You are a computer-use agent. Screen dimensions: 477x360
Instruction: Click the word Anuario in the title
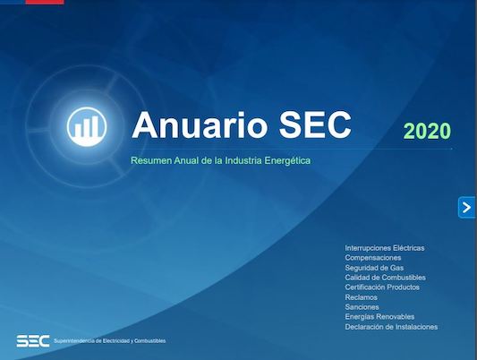coord(200,124)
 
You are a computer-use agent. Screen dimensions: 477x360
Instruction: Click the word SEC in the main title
coord(315,124)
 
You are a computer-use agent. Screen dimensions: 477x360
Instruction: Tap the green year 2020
coord(427,131)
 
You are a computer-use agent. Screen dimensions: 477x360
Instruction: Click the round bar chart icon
coord(87,126)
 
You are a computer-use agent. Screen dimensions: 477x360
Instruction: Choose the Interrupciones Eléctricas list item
coord(385,248)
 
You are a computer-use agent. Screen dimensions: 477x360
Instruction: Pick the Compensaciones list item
coord(373,258)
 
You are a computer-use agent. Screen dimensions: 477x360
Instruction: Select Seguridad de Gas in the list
coord(374,268)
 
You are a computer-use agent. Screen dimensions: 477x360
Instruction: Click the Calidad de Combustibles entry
coord(385,278)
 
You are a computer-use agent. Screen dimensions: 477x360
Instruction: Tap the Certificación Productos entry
coord(382,287)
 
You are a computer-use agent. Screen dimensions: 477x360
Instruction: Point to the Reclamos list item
coord(361,297)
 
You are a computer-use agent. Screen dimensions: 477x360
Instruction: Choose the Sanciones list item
coord(362,307)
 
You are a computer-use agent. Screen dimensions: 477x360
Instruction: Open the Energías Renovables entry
coord(379,317)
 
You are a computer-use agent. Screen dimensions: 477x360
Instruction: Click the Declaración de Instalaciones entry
coord(391,327)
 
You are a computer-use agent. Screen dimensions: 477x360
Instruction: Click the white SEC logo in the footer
coord(33,341)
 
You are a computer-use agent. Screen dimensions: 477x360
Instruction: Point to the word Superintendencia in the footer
coord(74,341)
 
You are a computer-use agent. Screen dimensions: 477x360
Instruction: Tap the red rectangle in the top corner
coord(45,2)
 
